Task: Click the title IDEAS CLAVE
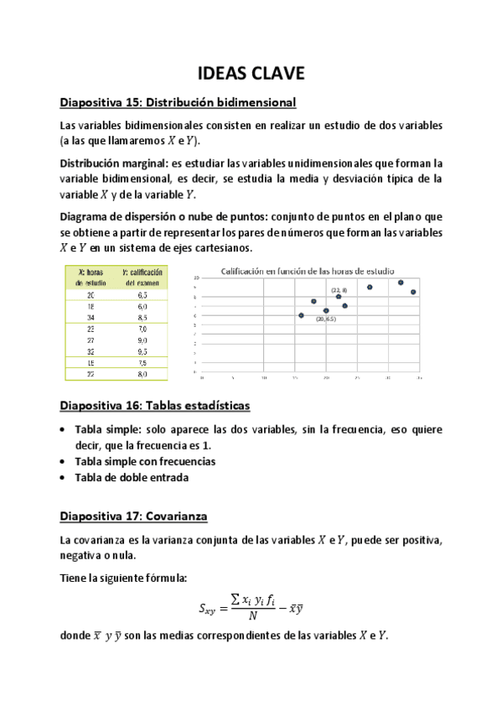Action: tap(251, 74)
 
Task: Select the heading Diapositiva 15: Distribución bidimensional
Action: tap(178, 103)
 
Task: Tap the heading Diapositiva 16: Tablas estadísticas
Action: tap(154, 406)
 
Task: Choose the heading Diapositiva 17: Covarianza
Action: tap(133, 516)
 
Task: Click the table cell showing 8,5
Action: tap(144, 318)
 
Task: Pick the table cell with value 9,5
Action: tap(144, 351)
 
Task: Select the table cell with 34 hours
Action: tap(91, 318)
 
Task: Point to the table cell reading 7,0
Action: tap(144, 329)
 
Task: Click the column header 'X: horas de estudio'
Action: tap(91, 278)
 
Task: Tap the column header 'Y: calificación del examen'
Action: tap(143, 278)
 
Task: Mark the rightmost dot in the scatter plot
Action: tap(413, 292)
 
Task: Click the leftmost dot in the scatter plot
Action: tap(301, 315)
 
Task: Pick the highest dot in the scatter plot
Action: tap(401, 283)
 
